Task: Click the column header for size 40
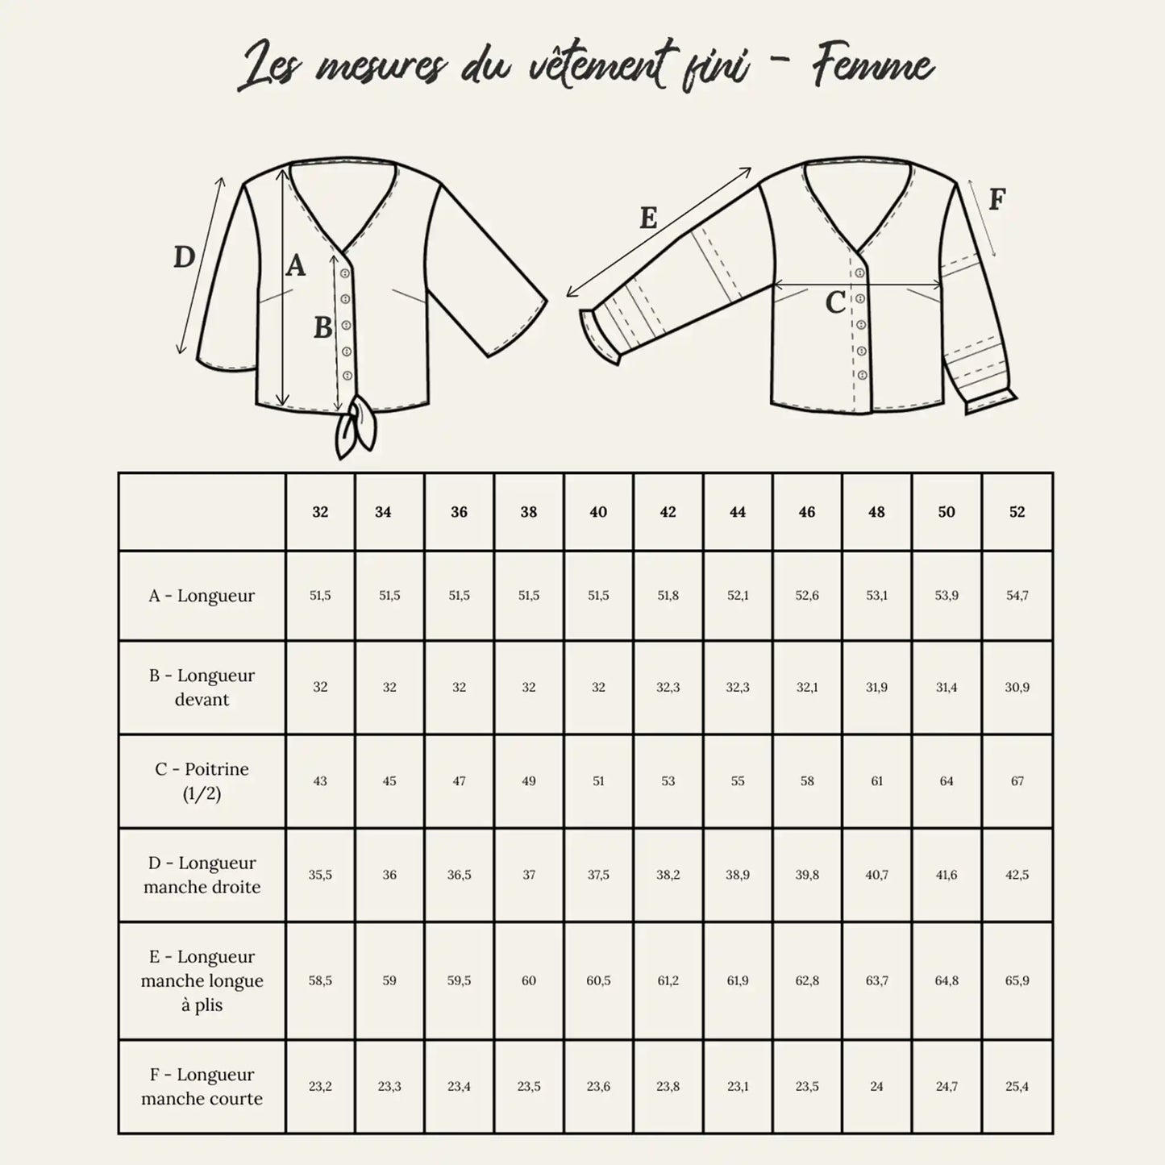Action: click(598, 512)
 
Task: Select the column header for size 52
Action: click(1017, 512)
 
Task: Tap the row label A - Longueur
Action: click(202, 596)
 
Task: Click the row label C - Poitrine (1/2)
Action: click(202, 780)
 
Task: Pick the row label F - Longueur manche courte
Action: click(202, 1086)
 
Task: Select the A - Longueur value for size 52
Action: click(1017, 596)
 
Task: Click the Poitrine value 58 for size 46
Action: click(807, 780)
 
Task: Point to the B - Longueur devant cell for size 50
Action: click(947, 687)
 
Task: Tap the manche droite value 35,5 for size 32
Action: click(320, 875)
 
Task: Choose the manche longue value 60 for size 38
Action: click(529, 980)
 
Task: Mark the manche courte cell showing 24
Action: click(876, 1086)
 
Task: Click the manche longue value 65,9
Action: click(1017, 980)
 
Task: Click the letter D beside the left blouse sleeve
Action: click(185, 257)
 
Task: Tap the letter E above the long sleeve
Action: click(648, 218)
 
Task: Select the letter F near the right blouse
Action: click(997, 199)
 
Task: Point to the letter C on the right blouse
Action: click(835, 303)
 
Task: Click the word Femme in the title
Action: click(872, 68)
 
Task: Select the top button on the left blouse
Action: click(345, 274)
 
